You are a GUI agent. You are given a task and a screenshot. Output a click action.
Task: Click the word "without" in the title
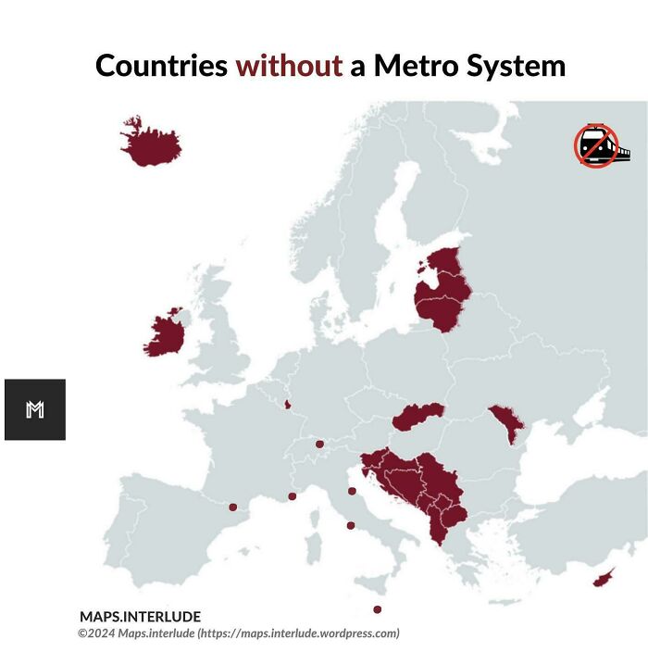[x=289, y=66]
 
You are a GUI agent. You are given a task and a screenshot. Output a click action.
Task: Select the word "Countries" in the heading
[x=162, y=66]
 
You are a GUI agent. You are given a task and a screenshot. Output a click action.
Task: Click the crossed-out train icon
[x=598, y=146]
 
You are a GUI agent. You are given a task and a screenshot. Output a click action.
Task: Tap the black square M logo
[x=35, y=409]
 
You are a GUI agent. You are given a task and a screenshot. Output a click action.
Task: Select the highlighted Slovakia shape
[x=417, y=418]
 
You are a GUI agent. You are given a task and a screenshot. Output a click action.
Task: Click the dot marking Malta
[x=377, y=609]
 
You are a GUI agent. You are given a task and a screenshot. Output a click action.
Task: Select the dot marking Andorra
[x=233, y=507]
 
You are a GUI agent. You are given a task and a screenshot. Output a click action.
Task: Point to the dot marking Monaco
[x=292, y=496]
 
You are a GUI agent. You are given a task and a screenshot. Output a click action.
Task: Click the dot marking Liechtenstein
[x=319, y=445]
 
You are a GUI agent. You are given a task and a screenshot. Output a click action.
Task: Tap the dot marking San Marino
[x=352, y=491]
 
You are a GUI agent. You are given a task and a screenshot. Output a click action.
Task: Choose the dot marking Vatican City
[x=351, y=526]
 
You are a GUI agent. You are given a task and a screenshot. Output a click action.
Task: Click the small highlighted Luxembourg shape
[x=288, y=404]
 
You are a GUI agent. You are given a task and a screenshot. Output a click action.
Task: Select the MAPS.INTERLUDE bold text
[x=140, y=617]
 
